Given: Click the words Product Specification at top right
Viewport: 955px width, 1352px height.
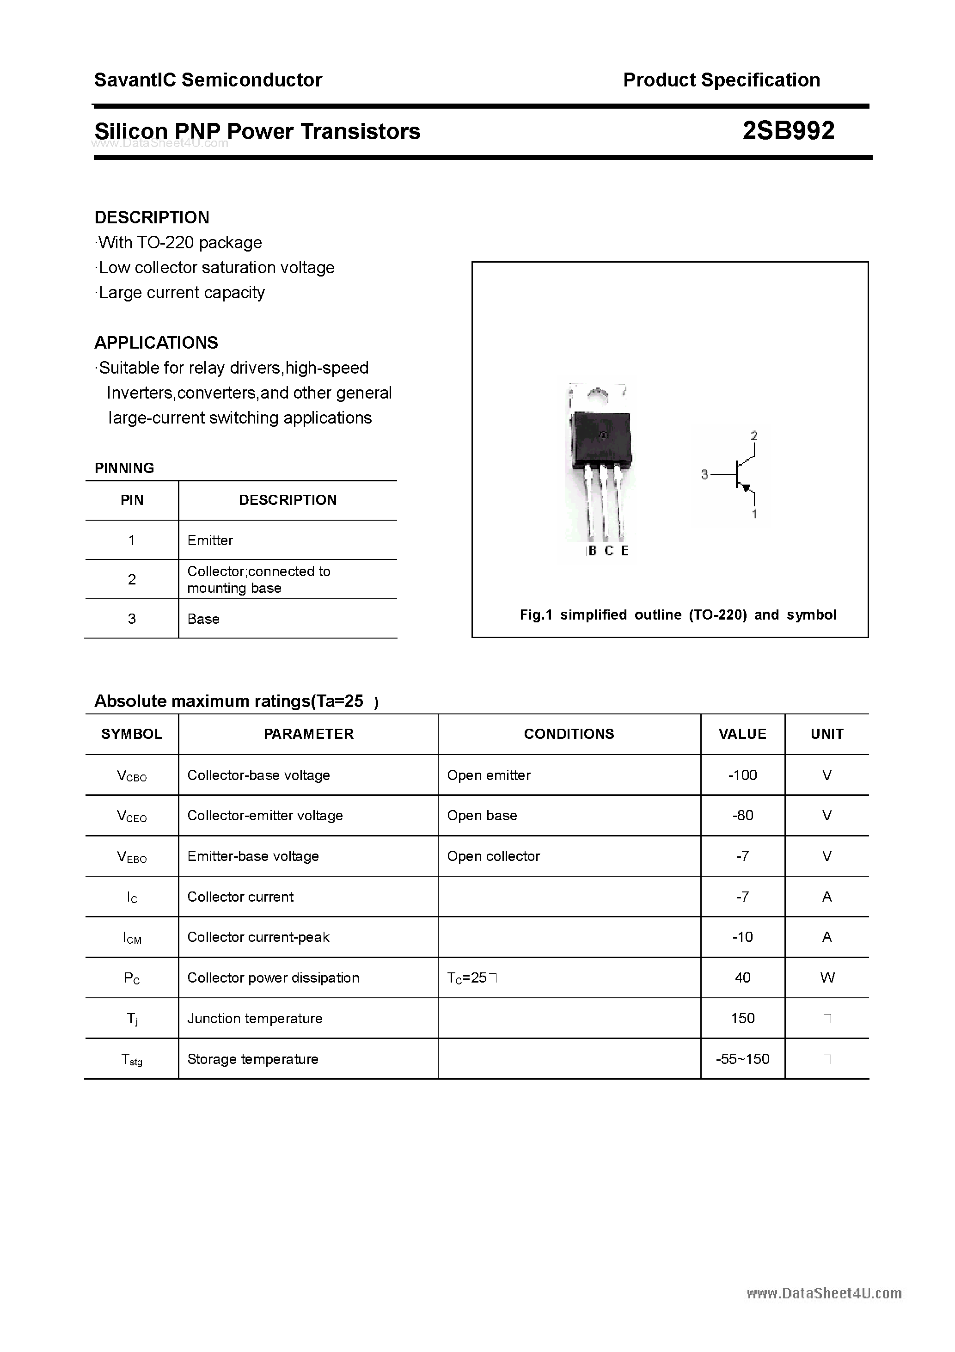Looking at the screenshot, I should click(721, 80).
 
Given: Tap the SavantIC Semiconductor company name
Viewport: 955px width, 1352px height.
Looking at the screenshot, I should click(208, 80).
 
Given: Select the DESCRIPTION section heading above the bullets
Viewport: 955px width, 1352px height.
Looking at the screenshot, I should click(152, 217).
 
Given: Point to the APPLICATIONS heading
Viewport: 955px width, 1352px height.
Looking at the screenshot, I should click(156, 343).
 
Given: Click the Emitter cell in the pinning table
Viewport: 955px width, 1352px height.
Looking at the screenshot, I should click(210, 540).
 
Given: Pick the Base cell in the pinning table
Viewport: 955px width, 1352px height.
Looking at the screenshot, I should click(203, 619).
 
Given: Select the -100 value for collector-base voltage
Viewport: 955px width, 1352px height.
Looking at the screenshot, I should click(742, 775).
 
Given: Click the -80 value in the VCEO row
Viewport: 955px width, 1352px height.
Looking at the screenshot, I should click(742, 816).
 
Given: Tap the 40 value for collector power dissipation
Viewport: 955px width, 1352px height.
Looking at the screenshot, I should click(742, 977).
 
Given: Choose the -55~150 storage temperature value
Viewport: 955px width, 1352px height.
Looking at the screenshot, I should click(742, 1059).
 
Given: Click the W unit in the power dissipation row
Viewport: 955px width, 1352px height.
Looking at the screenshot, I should click(826, 977).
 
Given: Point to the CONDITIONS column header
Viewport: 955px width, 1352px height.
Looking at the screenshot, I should click(569, 734).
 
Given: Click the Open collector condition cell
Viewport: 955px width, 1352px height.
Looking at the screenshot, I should click(493, 856).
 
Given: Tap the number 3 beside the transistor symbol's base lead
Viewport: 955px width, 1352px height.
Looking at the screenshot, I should click(704, 474).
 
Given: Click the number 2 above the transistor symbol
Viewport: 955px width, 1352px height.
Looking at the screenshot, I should click(754, 436).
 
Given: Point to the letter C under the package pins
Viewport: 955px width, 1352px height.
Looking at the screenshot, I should click(609, 551).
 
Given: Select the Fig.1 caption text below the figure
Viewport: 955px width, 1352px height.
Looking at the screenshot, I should click(678, 615).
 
